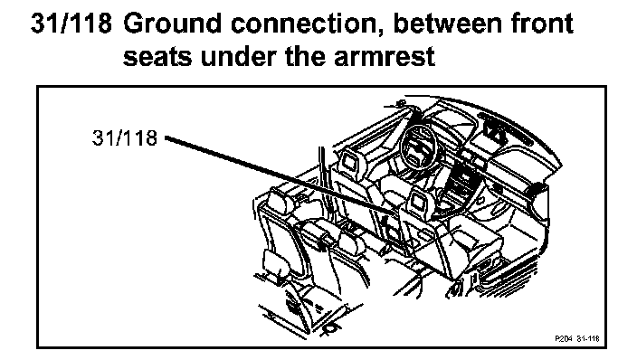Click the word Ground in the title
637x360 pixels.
pos(172,24)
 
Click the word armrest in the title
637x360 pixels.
pos(385,56)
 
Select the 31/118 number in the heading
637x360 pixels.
pos(71,24)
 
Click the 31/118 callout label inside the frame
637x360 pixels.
pos(124,138)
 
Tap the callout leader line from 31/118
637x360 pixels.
pos(281,175)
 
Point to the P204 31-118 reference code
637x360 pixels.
pos(577,338)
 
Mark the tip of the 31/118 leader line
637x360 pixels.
pos(397,215)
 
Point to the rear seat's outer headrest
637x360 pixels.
pos(280,201)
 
